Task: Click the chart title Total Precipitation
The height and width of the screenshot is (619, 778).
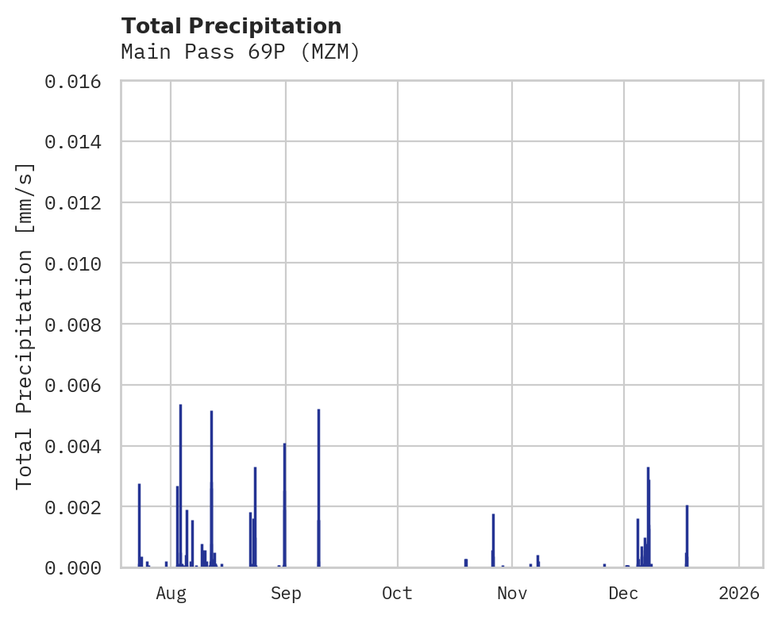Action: click(x=231, y=26)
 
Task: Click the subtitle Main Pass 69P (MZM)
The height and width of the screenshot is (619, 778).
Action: click(x=241, y=52)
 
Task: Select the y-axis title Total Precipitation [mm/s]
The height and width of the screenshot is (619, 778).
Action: click(x=25, y=325)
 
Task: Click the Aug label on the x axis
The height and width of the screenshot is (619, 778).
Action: click(x=171, y=593)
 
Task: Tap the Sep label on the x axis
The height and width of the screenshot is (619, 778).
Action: click(x=286, y=593)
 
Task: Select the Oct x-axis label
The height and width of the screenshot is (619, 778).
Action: click(x=397, y=593)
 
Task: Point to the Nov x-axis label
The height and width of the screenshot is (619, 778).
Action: click(x=512, y=593)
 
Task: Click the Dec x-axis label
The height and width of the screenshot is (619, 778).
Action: click(x=624, y=593)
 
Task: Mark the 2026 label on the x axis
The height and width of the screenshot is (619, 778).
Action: click(x=739, y=593)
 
